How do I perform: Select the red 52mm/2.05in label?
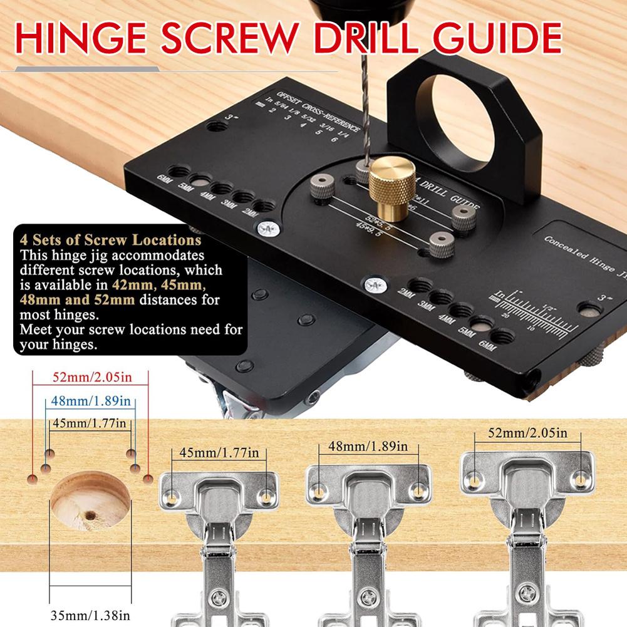(90, 378)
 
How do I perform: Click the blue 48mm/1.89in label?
(89, 400)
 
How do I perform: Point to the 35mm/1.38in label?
(91, 614)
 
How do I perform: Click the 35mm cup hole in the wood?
(90, 502)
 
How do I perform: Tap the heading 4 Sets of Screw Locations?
(110, 240)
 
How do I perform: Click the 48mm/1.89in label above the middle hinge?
(363, 447)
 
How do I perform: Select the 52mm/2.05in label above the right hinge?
(529, 433)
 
